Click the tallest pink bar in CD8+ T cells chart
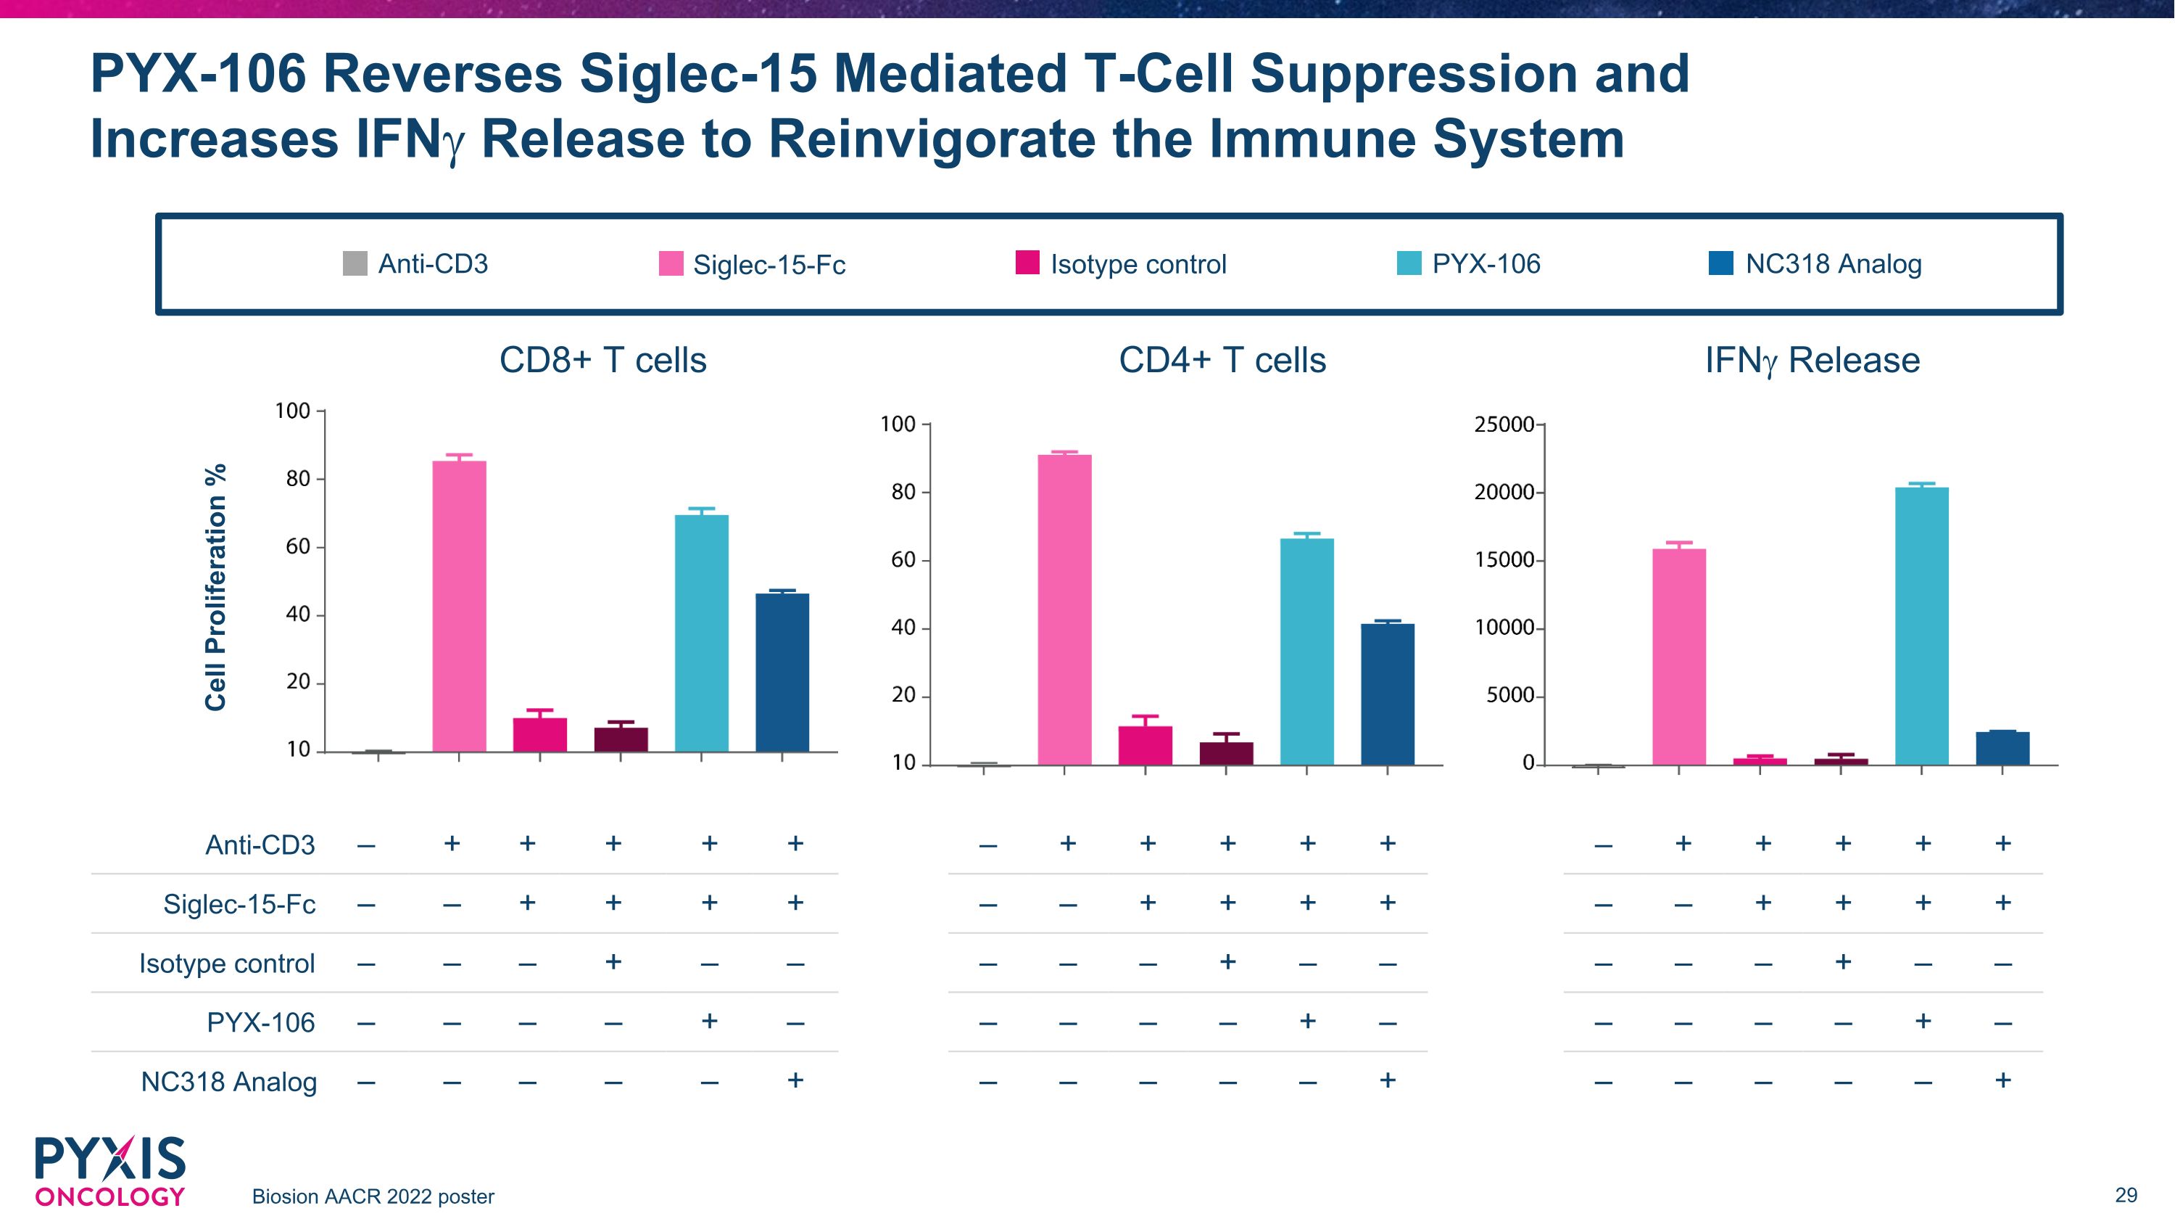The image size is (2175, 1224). point(460,606)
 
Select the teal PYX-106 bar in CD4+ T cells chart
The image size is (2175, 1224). point(1307,652)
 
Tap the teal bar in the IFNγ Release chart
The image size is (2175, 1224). point(1922,626)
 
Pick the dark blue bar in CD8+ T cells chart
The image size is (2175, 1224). point(782,673)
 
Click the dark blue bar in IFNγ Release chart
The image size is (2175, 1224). point(2002,749)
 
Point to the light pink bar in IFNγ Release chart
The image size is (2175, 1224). point(1679,657)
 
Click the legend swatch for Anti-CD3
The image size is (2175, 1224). point(355,263)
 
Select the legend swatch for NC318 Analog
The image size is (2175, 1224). point(1720,263)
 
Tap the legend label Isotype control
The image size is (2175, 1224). point(1138,264)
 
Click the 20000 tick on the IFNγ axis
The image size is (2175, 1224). point(1504,492)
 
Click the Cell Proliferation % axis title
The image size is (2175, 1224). point(216,587)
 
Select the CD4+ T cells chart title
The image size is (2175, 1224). point(1222,360)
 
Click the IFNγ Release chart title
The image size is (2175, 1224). point(1812,361)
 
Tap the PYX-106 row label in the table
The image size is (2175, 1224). point(261,1022)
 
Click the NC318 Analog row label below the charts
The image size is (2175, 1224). point(229,1081)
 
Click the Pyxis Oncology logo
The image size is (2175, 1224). point(109,1172)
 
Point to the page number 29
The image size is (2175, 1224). point(2126,1194)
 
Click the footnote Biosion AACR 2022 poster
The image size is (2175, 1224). point(373,1197)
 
